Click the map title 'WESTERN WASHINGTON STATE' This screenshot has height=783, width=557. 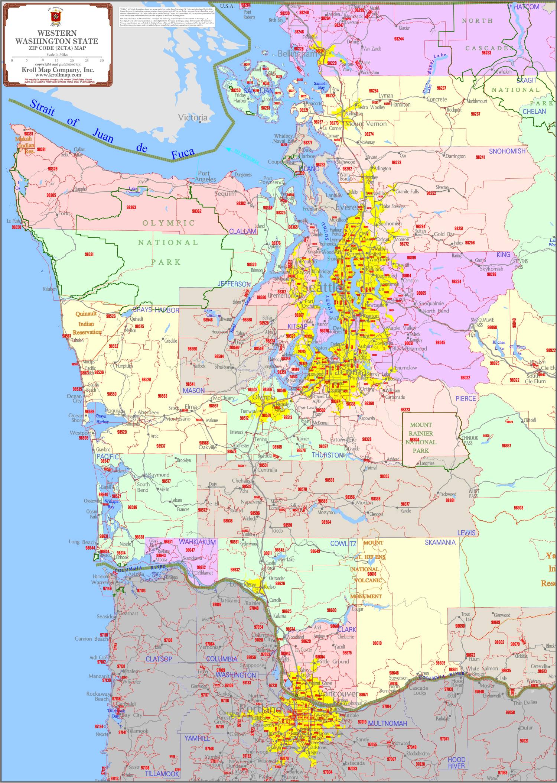[56, 37]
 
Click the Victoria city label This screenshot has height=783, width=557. [193, 117]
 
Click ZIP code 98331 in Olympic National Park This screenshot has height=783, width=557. [89, 255]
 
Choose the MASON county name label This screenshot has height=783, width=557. [193, 391]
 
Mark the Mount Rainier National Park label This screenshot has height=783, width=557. [421, 437]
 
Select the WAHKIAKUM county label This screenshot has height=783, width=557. [197, 542]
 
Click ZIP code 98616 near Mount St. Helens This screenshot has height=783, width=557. [371, 574]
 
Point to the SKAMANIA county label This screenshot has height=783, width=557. [440, 543]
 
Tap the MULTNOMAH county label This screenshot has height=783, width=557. [387, 724]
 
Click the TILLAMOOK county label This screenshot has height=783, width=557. [162, 774]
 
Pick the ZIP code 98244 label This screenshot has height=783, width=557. [398, 38]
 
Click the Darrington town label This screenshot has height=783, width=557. [455, 156]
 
